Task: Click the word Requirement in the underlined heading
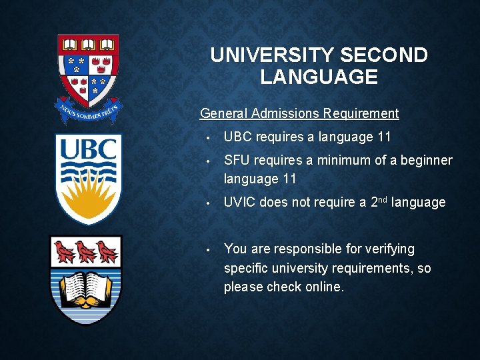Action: tap(361, 113)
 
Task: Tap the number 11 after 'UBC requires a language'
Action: tap(384, 137)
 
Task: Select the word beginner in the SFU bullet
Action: tap(427, 161)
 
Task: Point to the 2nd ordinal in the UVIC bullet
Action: tap(379, 201)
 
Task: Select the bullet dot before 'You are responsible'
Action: tap(209, 250)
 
